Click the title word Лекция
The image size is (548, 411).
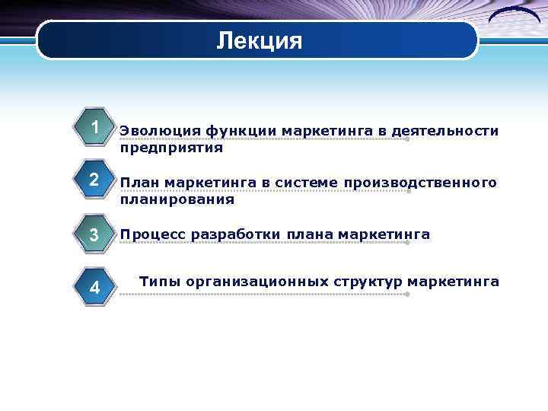point(259,40)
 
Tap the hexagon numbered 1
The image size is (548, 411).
point(94,126)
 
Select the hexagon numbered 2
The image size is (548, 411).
point(94,181)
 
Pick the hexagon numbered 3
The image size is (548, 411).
point(94,235)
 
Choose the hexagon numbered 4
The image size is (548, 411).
point(94,287)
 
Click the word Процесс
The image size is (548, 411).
point(153,234)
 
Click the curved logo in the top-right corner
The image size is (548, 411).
point(515,18)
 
